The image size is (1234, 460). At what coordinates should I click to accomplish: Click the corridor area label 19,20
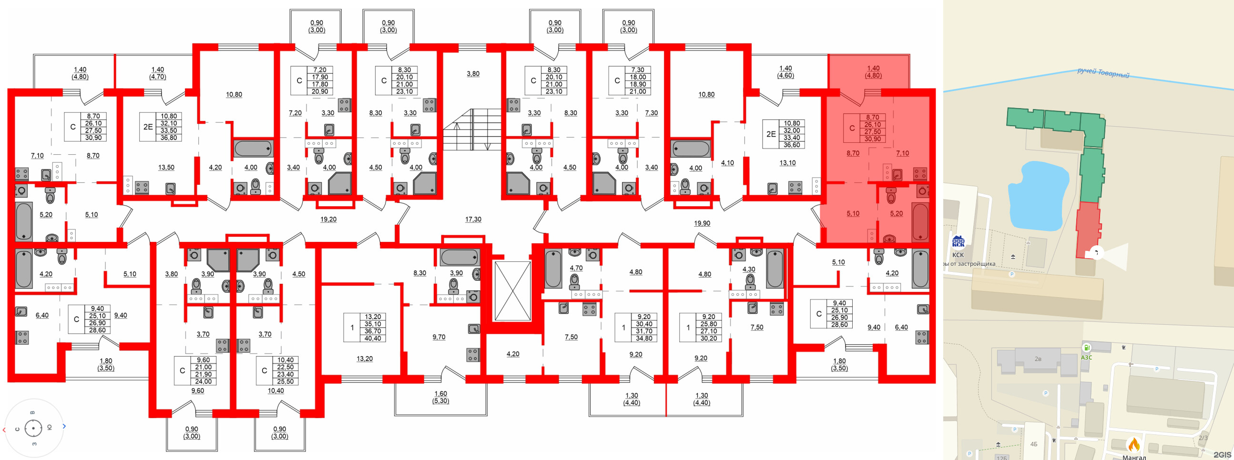click(x=328, y=219)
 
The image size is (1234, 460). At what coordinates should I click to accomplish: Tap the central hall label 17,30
click(x=473, y=219)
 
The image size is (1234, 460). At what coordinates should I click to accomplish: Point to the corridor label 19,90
click(x=702, y=223)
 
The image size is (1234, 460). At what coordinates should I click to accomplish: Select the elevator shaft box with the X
click(x=512, y=290)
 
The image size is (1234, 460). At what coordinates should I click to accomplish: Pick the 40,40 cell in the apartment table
click(x=373, y=339)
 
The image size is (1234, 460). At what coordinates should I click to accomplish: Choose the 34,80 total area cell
click(x=644, y=339)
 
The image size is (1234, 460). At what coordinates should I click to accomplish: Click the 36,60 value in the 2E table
click(x=791, y=145)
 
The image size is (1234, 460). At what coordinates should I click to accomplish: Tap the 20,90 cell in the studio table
click(x=319, y=91)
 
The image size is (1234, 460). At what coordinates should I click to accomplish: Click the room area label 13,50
click(x=166, y=168)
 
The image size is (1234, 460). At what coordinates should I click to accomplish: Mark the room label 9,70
click(x=439, y=337)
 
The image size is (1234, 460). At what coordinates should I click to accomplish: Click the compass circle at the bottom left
click(x=33, y=428)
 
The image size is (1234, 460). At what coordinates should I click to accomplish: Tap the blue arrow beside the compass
click(x=64, y=426)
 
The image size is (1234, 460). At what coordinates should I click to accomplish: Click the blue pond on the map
click(x=1038, y=196)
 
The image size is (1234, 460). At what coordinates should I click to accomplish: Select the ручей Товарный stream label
click(x=1103, y=73)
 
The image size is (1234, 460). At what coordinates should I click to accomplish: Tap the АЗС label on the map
click(x=1086, y=357)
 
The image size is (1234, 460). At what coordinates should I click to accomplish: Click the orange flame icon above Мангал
click(x=1133, y=445)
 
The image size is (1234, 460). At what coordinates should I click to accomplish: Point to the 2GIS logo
click(x=1222, y=454)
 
